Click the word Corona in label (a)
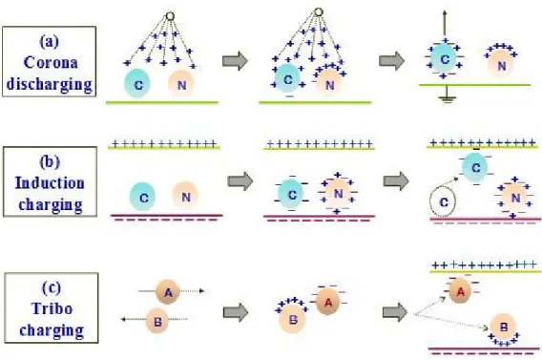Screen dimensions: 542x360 [51, 63]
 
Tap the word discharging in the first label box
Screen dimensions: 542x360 [50, 84]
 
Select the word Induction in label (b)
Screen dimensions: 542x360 [50, 183]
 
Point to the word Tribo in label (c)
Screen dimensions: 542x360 [52, 308]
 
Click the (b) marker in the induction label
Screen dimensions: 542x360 [50, 161]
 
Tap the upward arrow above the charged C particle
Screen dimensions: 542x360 [445, 24]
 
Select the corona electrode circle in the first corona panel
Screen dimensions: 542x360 [170, 16]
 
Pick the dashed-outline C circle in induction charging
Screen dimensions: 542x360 [443, 201]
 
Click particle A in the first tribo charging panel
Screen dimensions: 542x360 [168, 292]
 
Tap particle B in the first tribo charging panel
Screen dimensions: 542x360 [157, 321]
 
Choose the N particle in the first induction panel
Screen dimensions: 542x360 [186, 196]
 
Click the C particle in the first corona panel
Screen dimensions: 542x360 [137, 83]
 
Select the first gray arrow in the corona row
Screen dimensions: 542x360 [236, 61]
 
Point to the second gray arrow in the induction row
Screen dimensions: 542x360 [396, 180]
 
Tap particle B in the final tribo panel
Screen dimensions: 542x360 [503, 327]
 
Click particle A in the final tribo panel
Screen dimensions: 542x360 [461, 291]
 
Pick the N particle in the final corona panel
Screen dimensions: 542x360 [501, 64]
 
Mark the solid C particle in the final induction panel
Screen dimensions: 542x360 [475, 167]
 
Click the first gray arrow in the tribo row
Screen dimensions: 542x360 [236, 312]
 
